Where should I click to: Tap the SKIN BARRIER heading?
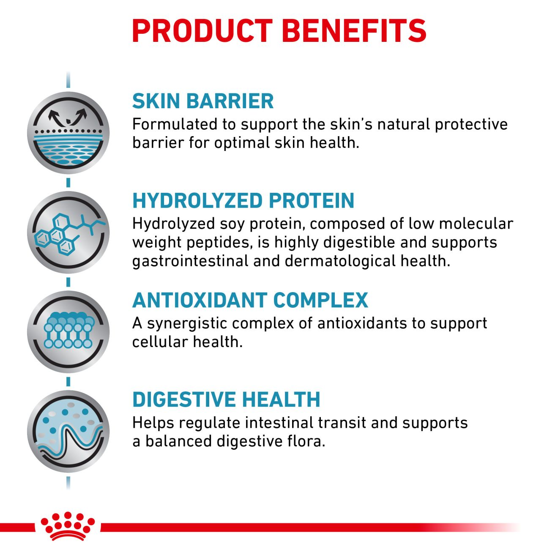(203, 101)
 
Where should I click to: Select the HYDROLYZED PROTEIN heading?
(243, 200)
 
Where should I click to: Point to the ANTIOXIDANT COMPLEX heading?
(250, 300)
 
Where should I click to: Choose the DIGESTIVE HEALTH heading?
(226, 399)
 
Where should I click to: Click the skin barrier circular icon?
(68, 133)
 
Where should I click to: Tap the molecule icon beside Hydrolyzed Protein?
(68, 232)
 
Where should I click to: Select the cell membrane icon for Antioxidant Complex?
(68, 332)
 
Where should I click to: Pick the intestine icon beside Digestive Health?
(68, 431)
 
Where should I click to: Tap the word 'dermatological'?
(340, 261)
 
